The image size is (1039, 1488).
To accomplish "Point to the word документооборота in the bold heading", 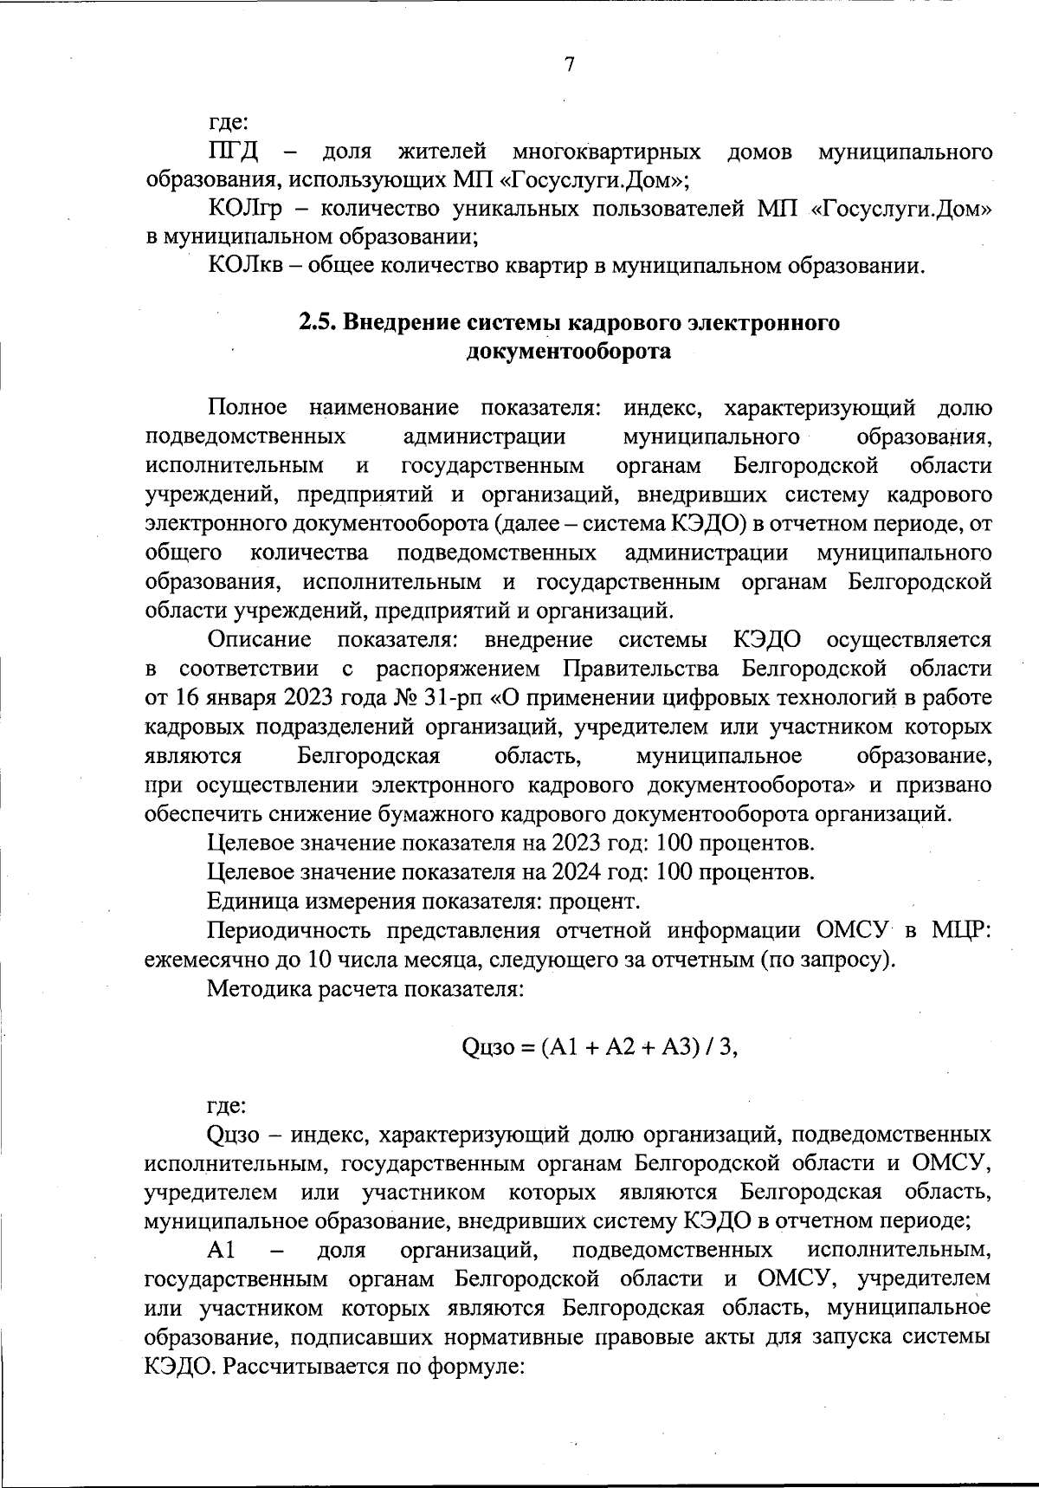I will coord(569,351).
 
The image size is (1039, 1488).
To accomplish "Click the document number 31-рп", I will coord(454,697).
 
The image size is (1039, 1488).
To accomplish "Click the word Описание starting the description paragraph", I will coord(260,639).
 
